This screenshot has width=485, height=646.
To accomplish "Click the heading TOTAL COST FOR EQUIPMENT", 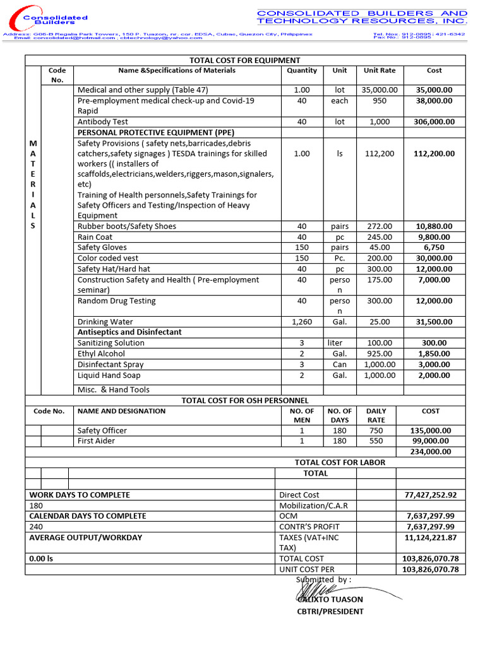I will point(246,60).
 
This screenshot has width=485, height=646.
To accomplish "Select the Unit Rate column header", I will point(380,71).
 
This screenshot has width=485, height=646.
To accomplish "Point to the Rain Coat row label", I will point(95,237).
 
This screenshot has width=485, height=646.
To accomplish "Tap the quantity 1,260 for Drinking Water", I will point(302,322).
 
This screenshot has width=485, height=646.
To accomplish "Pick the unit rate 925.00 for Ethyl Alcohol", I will point(380,354).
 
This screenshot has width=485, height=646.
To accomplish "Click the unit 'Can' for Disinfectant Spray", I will point(340,365).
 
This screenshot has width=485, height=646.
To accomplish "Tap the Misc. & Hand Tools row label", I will point(114,390).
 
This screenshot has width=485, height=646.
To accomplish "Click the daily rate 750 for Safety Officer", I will point(376,430).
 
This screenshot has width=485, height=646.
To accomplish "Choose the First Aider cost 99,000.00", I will point(430,441).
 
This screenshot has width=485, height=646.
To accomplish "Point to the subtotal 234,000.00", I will point(430,452).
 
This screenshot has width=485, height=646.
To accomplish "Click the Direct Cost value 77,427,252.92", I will point(430,495).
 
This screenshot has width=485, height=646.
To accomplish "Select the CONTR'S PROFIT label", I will point(309,527).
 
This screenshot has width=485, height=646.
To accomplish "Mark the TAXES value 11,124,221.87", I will point(430,537).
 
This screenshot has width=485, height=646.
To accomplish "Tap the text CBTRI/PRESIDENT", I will point(330,611).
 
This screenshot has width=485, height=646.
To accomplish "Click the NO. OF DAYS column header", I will point(340,415).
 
